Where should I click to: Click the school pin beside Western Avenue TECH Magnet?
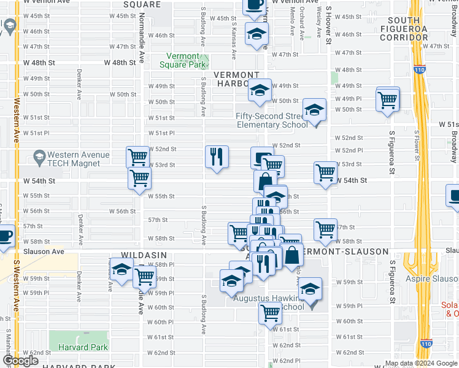pos(40,157)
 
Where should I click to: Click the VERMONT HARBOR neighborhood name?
pos(236,75)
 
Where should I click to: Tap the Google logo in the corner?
pos(20,361)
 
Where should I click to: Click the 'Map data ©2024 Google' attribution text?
pos(420,363)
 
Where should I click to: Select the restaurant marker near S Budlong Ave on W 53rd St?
pos(217,156)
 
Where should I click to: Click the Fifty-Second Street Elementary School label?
pos(272,120)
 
